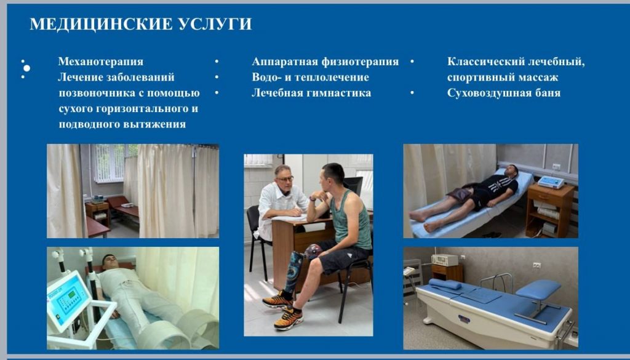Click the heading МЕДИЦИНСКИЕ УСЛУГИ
pyautogui.click(x=141, y=24)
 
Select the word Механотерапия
pyautogui.click(x=100, y=62)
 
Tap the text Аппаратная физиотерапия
pyautogui.click(x=325, y=62)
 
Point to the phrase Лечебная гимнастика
pyautogui.click(x=311, y=93)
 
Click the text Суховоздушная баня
pyautogui.click(x=503, y=93)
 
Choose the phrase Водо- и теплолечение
pyautogui.click(x=310, y=77)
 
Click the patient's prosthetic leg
pyautogui.click(x=292, y=273)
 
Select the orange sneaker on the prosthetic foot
pyautogui.click(x=277, y=300)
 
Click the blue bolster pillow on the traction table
pyautogui.click(x=445, y=284)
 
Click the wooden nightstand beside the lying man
pyautogui.click(x=549, y=211)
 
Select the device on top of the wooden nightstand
pyautogui.click(x=551, y=182)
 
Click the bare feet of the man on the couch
pyautogui.click(x=423, y=221)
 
